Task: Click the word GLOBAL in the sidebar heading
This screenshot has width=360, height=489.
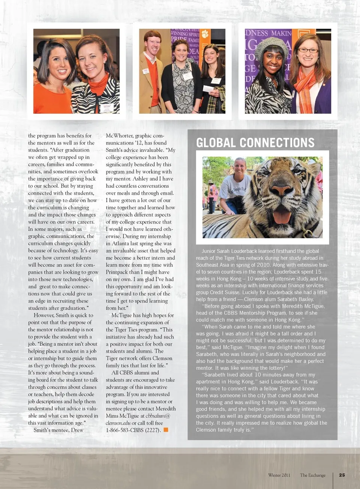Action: [216, 143]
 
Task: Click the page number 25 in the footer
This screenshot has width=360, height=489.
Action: [342, 475]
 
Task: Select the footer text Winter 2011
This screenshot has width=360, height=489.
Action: [279, 475]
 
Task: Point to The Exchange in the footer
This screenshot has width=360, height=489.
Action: [312, 475]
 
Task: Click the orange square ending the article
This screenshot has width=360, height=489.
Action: [166, 430]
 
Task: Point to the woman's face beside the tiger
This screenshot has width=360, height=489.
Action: [240, 167]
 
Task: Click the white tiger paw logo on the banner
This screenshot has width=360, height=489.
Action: [205, 34]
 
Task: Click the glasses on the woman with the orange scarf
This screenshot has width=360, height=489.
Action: [308, 51]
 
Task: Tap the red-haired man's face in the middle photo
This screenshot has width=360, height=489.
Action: [153, 45]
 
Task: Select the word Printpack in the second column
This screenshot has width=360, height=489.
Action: [117, 272]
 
